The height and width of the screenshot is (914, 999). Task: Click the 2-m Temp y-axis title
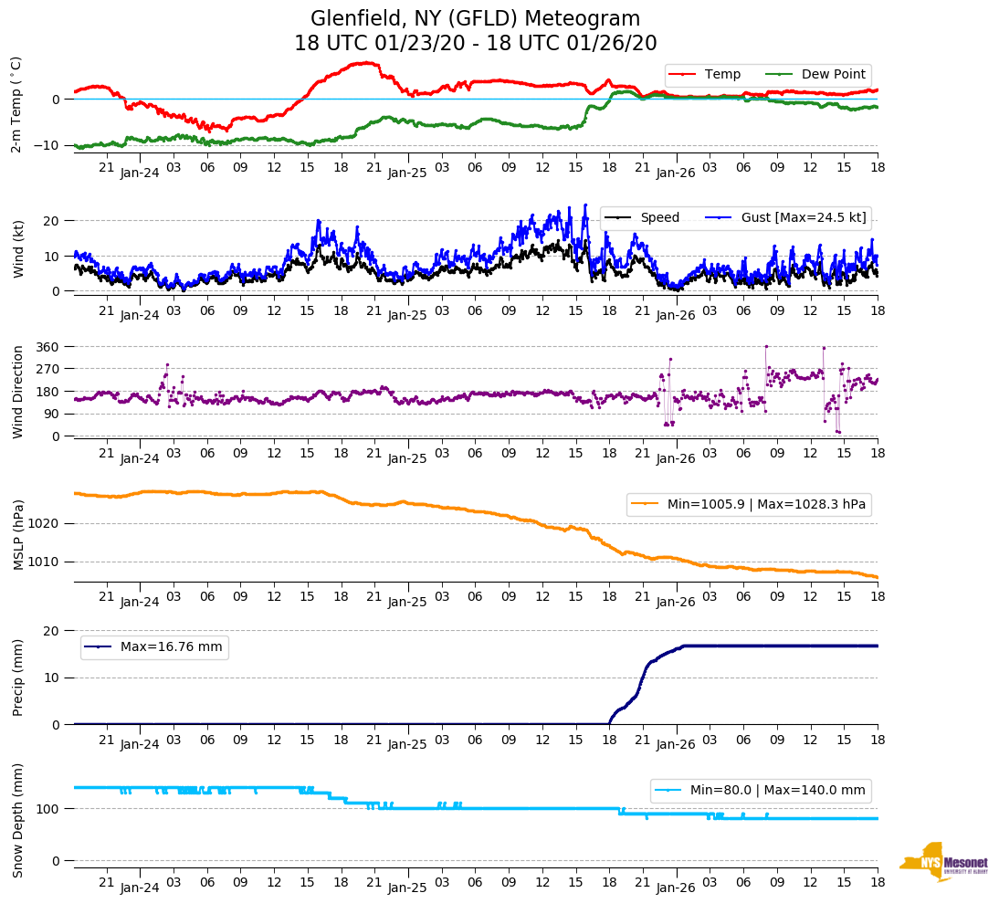pyautogui.click(x=16, y=104)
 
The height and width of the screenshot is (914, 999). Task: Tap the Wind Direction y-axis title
pyautogui.click(x=17, y=391)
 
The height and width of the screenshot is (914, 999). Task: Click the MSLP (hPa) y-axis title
pyautogui.click(x=17, y=534)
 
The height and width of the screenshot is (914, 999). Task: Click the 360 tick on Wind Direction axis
pyautogui.click(x=48, y=347)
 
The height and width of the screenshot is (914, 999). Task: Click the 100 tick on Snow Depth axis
pyautogui.click(x=48, y=809)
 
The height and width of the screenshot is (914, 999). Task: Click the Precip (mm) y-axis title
pyautogui.click(x=17, y=677)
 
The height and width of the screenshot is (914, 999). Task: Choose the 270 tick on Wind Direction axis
pyautogui.click(x=48, y=369)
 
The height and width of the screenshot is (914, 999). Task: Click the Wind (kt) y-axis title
pyautogui.click(x=17, y=247)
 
